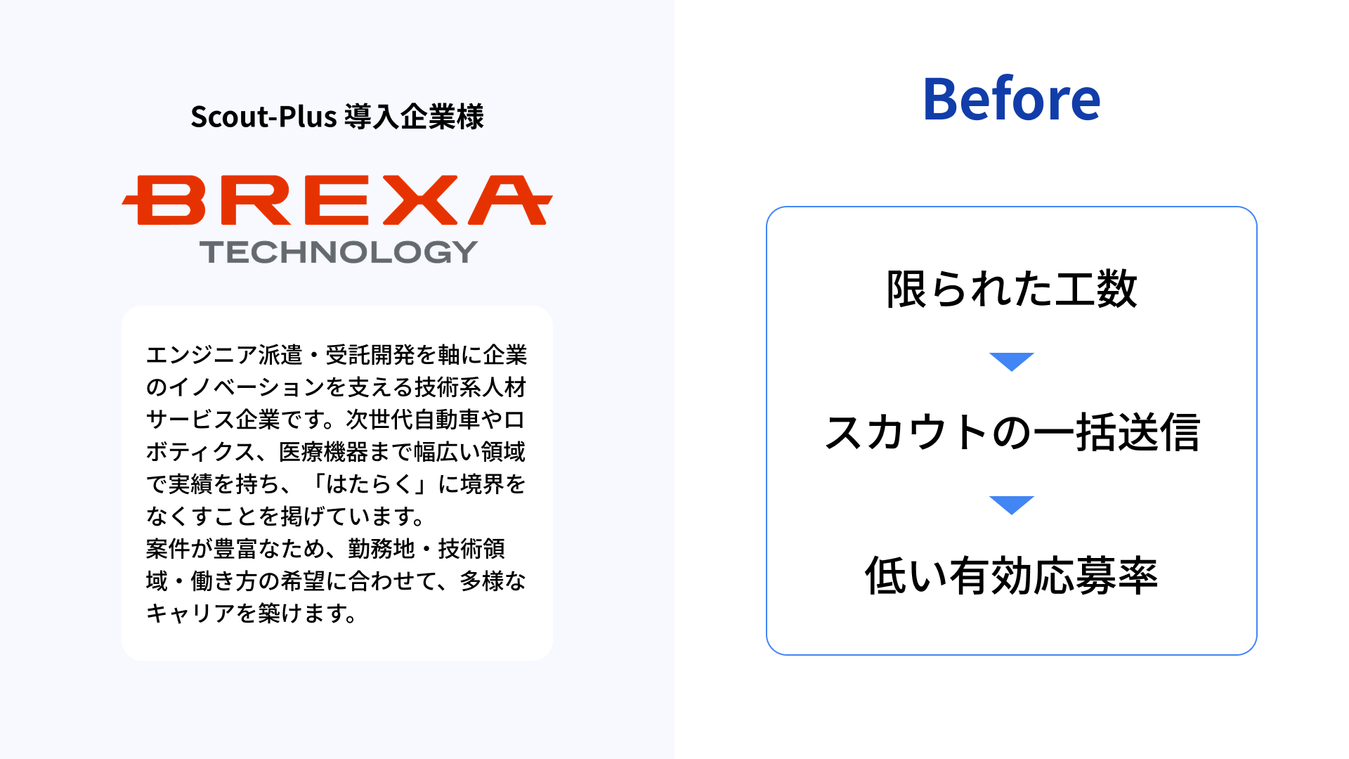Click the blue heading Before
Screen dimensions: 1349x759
[x=1011, y=99]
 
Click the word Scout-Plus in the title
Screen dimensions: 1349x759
[x=263, y=117]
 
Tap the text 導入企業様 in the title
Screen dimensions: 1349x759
[x=414, y=117]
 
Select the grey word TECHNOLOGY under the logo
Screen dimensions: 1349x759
[x=339, y=252]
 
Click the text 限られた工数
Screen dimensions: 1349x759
[x=1011, y=289]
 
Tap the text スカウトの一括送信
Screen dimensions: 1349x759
[x=1012, y=432]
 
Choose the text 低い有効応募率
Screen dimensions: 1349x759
[x=1011, y=576]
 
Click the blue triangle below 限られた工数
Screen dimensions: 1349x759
[x=1012, y=361]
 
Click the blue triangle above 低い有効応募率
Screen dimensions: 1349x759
[x=1012, y=505]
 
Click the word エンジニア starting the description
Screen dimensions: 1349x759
[x=202, y=355]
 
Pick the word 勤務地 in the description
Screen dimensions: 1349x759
[x=382, y=549]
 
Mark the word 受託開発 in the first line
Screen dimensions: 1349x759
[x=370, y=355]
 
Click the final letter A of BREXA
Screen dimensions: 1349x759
[x=511, y=200]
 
